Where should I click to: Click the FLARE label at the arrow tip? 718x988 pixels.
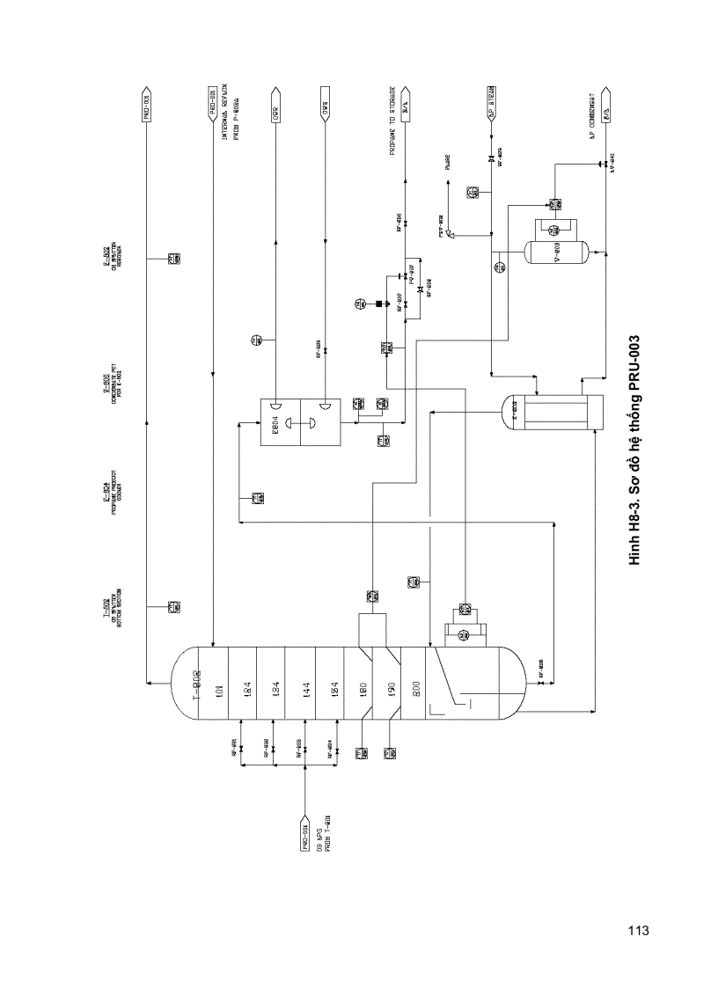447,164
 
